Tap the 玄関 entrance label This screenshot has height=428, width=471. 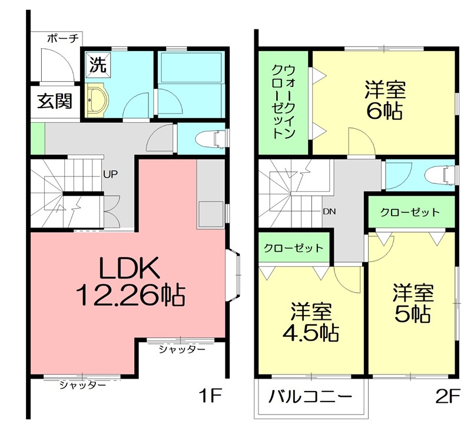click(x=55, y=101)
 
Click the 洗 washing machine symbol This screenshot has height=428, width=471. click(x=98, y=64)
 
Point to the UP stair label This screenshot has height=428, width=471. click(x=110, y=175)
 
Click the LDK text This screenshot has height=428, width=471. click(x=130, y=270)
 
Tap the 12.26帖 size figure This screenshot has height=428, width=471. click(x=131, y=294)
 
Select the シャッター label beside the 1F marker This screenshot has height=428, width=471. click(x=182, y=349)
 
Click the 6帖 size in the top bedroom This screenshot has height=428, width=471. click(x=384, y=111)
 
